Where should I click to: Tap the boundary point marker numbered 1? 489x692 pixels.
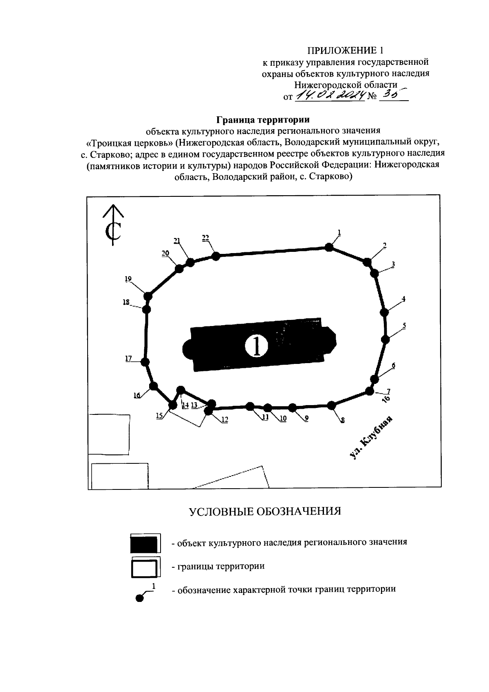click(328, 247)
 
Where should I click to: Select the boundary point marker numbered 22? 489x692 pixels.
click(216, 256)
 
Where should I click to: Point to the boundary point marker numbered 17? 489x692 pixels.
click(145, 361)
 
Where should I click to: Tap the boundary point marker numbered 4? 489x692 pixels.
click(384, 312)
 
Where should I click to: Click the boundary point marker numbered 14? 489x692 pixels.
click(181, 390)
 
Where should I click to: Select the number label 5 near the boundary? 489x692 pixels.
click(404, 326)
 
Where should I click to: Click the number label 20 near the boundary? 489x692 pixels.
click(165, 253)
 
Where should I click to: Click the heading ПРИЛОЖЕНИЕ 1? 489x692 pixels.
click(345, 51)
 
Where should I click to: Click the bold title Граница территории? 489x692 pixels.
click(263, 120)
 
